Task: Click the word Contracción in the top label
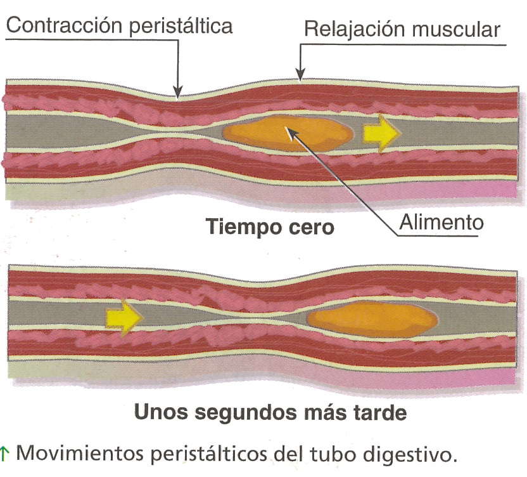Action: pyautogui.click(x=61, y=26)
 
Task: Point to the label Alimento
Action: pyautogui.click(x=441, y=222)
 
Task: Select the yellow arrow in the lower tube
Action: pyautogui.click(x=123, y=315)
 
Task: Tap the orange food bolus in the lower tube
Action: pyautogui.click(x=371, y=320)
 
